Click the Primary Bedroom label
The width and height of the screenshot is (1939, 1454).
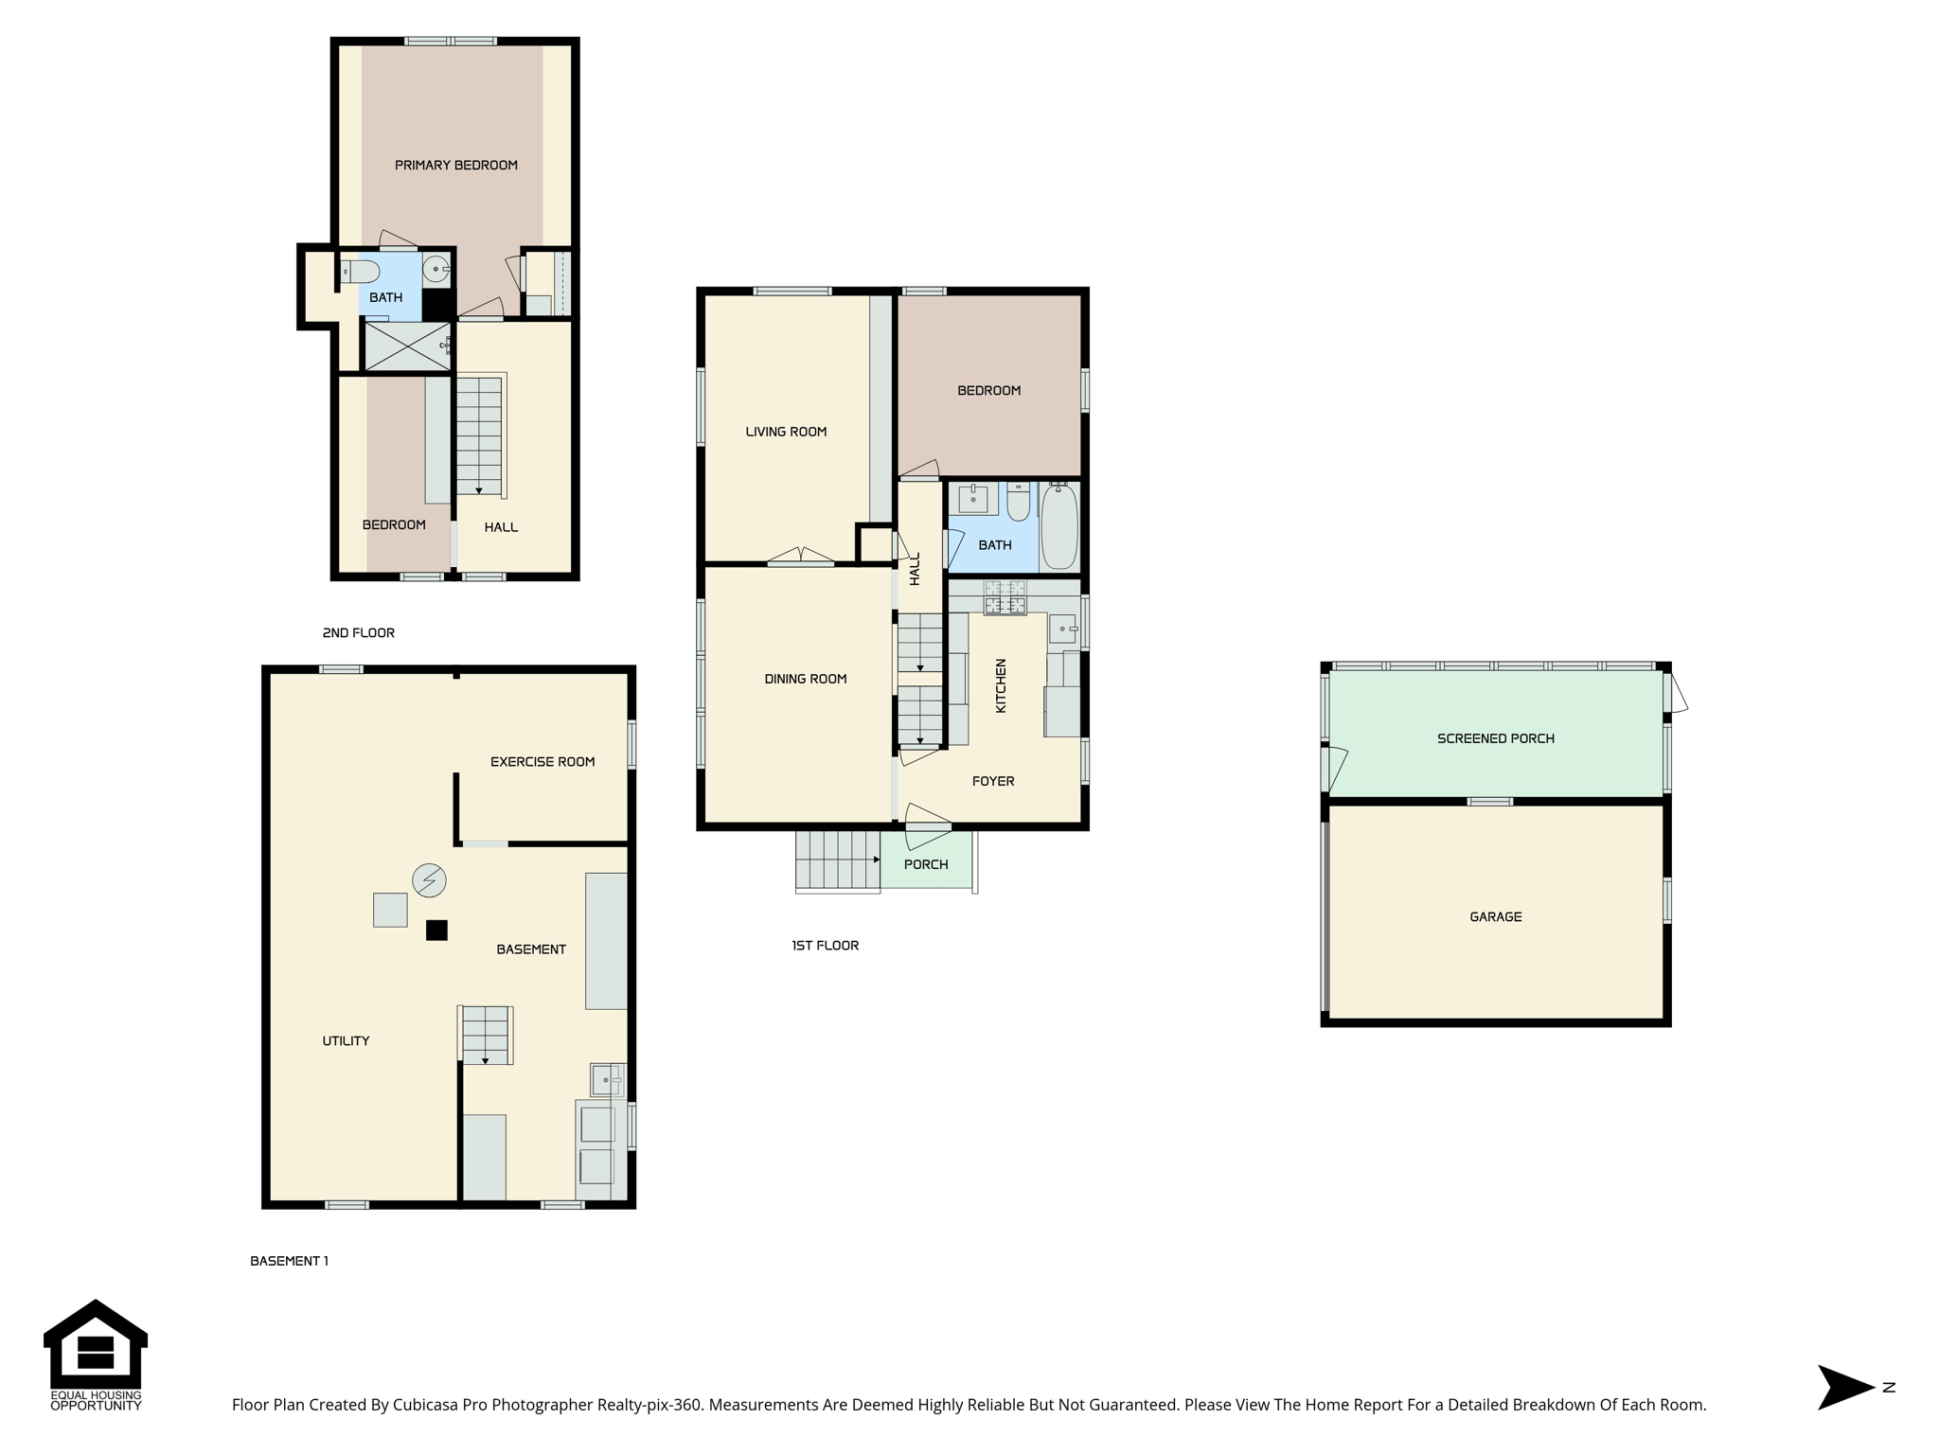[455, 166]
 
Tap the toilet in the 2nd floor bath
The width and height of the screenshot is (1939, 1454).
[360, 272]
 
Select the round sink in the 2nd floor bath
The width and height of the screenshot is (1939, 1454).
[436, 270]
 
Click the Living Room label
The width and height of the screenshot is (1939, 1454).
[786, 432]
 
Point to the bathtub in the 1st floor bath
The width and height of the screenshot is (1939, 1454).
[1059, 526]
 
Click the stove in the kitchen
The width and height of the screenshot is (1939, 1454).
[1005, 597]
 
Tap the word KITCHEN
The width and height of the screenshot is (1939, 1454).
[1001, 685]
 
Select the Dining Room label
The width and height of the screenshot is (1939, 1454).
[806, 679]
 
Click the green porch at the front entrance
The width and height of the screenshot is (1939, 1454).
[927, 860]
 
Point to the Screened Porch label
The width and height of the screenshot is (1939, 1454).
[1496, 738]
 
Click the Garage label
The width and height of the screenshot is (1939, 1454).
[1496, 916]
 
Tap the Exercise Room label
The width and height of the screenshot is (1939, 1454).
[543, 762]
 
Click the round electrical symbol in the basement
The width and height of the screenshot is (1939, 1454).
[429, 880]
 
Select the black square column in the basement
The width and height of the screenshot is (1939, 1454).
[436, 931]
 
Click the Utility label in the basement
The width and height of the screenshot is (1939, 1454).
[346, 1041]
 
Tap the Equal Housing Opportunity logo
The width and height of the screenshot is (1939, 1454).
[96, 1355]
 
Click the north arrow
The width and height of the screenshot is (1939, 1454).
[1846, 1388]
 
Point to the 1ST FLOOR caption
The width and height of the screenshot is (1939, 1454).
[826, 946]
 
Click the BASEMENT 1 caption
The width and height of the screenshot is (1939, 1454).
[289, 1261]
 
